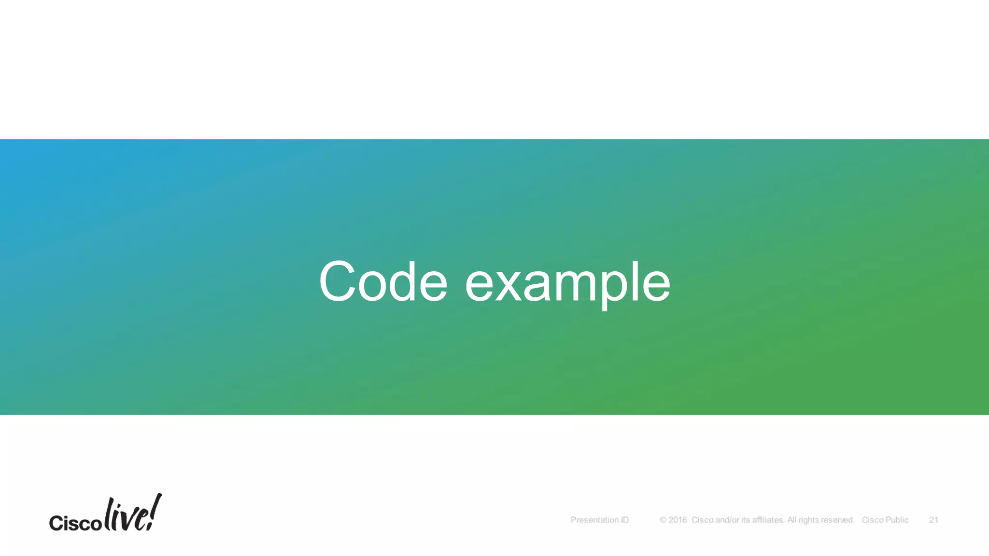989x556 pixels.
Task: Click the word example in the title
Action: coord(567,283)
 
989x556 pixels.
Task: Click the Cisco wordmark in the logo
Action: coord(75,523)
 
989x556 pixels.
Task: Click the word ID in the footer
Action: coord(624,520)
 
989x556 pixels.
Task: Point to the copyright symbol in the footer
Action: coord(663,520)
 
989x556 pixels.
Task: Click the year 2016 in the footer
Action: coord(678,520)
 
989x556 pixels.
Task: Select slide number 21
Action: coord(933,520)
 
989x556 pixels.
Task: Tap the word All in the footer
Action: coord(791,520)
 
